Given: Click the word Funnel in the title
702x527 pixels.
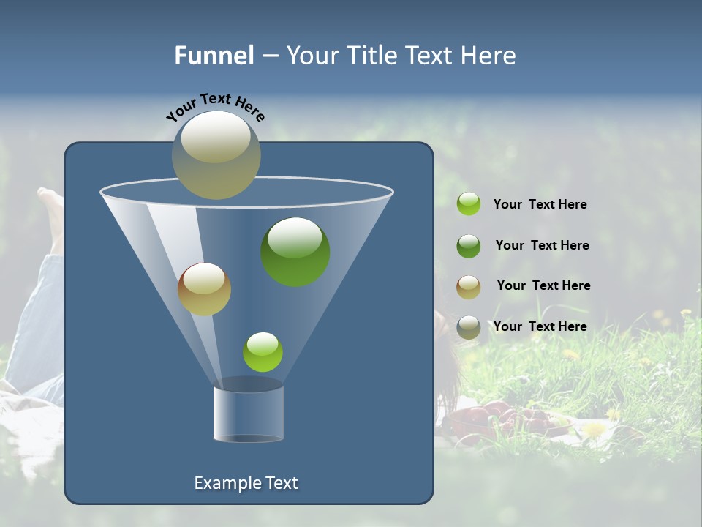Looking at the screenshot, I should tap(214, 56).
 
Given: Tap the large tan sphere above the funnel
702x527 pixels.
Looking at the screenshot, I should tap(216, 154).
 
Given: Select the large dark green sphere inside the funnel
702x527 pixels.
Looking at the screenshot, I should tap(295, 251).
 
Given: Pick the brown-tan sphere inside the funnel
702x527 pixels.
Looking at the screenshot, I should tap(204, 289).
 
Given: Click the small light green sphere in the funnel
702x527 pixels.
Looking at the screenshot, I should tap(263, 351).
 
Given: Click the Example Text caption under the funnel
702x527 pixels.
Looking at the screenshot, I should tap(246, 483).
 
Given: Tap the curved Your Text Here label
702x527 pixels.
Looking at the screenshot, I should tap(215, 106).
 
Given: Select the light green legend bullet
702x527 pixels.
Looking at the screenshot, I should tap(469, 204).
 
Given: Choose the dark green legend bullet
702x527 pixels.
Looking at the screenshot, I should tap(469, 246).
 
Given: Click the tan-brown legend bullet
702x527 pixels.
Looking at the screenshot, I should tap(469, 287).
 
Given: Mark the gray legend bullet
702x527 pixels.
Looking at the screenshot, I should tap(469, 327).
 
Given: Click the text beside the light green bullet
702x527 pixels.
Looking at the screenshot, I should tap(540, 205).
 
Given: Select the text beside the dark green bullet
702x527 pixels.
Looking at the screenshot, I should tap(542, 246).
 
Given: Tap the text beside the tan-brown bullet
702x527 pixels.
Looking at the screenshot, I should tap(543, 286).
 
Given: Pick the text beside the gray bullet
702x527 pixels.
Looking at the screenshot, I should tap(540, 326).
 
